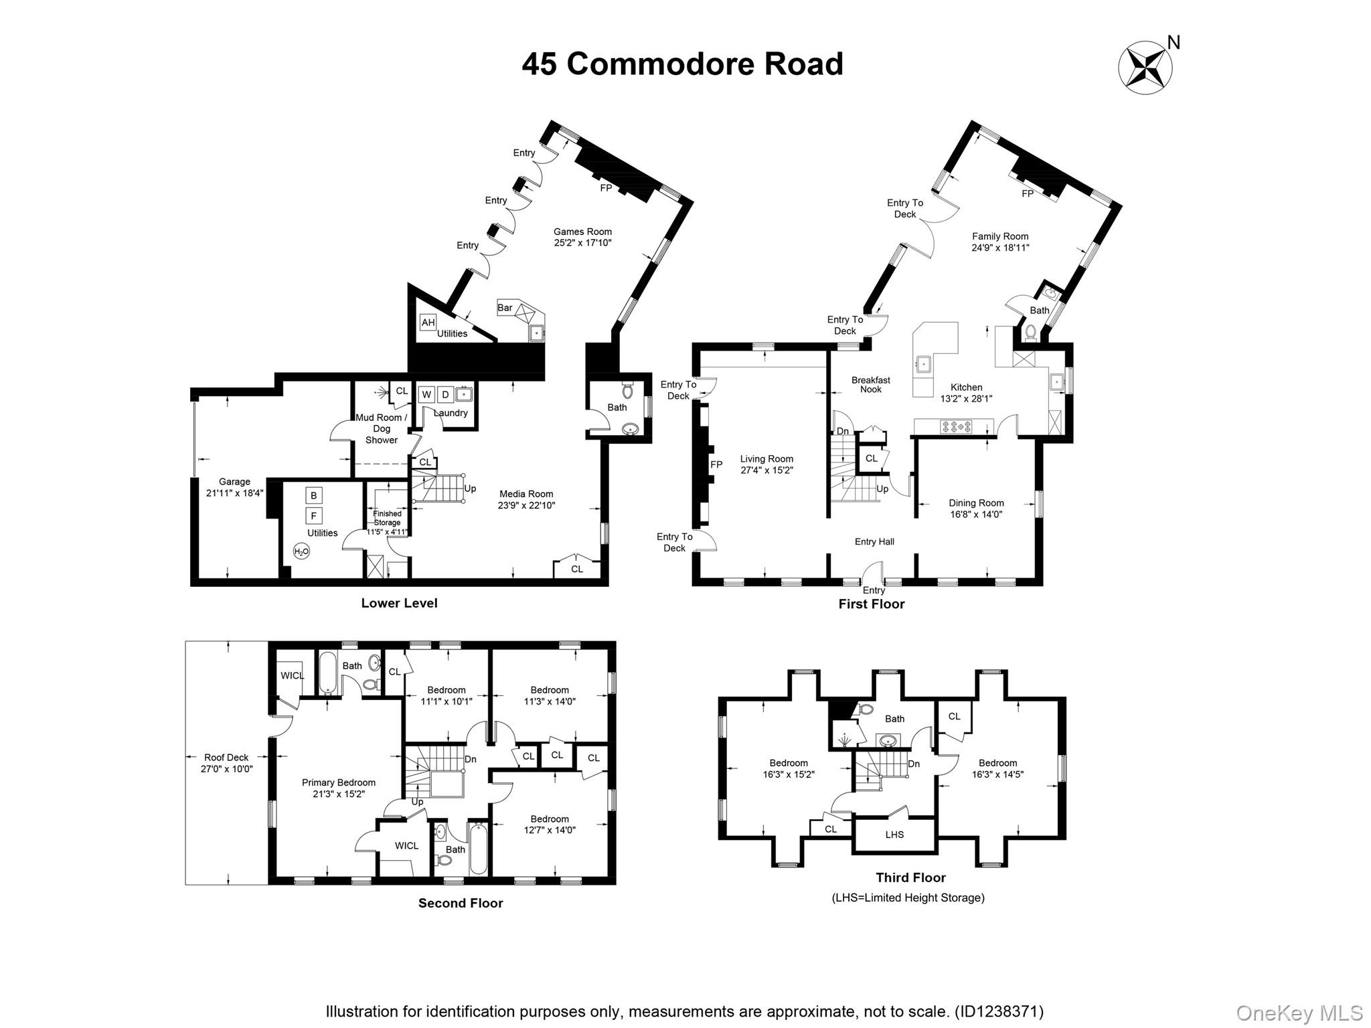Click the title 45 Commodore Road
tap(682, 64)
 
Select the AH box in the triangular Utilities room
tap(428, 323)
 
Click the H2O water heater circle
tap(301, 552)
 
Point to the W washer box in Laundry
tap(426, 395)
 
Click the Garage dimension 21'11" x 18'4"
tap(234, 493)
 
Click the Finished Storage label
tap(387, 518)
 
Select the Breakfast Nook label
tap(870, 384)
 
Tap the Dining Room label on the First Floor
tap(976, 503)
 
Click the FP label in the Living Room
tap(716, 464)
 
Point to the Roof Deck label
tap(226, 758)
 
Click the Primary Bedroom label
tap(338, 782)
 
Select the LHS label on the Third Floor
tap(894, 835)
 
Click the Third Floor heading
tap(910, 877)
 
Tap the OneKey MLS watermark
tap(1299, 1013)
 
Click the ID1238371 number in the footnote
tap(998, 1011)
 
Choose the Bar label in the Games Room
tap(505, 308)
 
